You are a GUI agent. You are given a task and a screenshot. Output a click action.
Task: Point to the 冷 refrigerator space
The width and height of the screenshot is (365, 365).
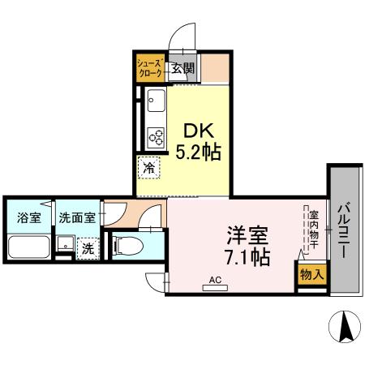click(x=149, y=169)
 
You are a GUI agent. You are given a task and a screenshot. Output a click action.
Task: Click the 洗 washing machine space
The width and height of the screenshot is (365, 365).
click(x=86, y=249)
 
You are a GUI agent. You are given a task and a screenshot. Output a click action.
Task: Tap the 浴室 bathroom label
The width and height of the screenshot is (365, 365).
click(x=28, y=217)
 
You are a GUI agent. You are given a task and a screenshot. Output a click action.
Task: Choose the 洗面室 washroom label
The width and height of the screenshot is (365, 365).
click(x=77, y=217)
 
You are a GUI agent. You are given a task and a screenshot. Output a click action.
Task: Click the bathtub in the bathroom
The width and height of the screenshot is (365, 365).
click(x=28, y=247)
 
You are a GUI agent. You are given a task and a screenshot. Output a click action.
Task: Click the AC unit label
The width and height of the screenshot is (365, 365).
click(x=215, y=280)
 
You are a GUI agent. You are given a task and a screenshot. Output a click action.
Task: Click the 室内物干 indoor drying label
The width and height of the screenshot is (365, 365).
click(x=313, y=230)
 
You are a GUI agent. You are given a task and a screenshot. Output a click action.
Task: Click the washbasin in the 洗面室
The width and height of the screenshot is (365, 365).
click(x=63, y=243)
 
